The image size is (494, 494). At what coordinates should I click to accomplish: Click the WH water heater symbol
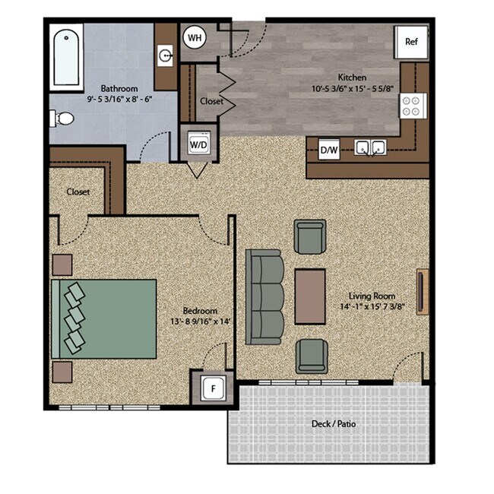(x=195, y=37)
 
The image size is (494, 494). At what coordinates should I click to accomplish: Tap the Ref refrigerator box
(x=411, y=41)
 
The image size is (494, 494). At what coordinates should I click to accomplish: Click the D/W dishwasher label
(x=329, y=150)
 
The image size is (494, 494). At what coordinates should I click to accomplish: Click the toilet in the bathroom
(x=62, y=119)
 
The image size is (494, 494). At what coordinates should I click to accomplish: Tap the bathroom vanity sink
(x=166, y=54)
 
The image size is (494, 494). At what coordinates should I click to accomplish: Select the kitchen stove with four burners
(x=414, y=105)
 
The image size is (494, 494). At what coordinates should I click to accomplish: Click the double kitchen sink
(x=370, y=147)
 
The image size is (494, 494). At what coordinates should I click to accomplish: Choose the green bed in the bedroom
(x=104, y=318)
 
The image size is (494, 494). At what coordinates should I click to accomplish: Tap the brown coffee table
(x=310, y=295)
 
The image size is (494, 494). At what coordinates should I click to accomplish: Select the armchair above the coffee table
(x=311, y=237)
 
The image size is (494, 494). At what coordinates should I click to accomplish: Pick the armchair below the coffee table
(x=312, y=356)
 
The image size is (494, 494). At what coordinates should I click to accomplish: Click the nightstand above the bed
(x=62, y=264)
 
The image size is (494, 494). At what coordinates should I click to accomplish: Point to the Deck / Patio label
(x=334, y=423)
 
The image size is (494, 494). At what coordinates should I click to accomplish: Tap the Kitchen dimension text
(x=352, y=89)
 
